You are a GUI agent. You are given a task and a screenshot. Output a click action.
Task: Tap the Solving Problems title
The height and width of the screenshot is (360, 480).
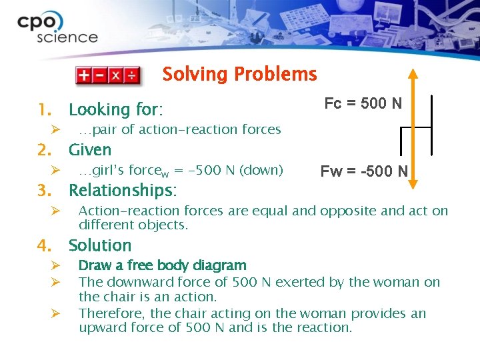[239, 74]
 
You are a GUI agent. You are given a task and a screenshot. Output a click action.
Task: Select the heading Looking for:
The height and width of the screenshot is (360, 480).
[116, 109]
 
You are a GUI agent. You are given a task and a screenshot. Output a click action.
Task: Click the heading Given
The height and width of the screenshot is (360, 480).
[90, 150]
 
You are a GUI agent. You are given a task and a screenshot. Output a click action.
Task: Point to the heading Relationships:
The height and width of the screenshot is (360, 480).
[123, 191]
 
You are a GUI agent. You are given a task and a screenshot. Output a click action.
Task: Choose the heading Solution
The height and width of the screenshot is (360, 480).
[100, 245]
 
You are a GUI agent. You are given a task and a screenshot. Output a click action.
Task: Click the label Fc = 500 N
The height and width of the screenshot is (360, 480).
[363, 103]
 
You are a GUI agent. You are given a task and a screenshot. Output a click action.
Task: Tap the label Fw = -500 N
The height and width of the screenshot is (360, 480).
[364, 171]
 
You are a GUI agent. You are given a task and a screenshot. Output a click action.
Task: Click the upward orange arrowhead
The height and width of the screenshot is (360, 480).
[413, 75]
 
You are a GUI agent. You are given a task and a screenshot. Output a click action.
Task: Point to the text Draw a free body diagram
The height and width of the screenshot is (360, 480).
[162, 266]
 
